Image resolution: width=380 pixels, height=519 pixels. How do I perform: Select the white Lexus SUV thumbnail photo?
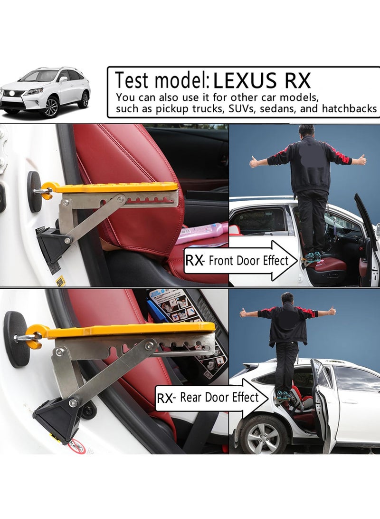coord(45,92)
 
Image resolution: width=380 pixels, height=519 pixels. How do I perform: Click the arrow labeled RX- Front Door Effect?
coord(240,260)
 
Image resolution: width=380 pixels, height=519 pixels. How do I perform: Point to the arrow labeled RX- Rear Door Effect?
coord(209,398)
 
